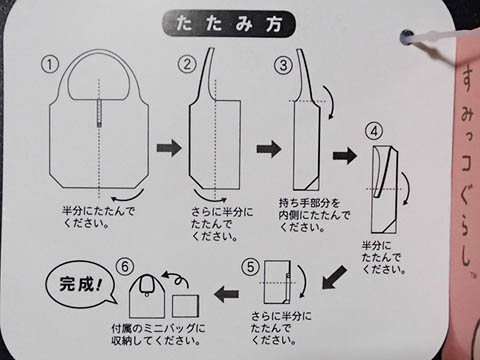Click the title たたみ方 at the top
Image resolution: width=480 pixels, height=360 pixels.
click(x=229, y=24)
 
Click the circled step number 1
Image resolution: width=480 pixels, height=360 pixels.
click(x=50, y=64)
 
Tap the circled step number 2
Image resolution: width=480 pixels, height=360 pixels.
click(x=186, y=64)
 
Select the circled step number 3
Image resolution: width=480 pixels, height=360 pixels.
click(x=283, y=65)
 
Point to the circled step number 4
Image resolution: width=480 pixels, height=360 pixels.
click(x=374, y=132)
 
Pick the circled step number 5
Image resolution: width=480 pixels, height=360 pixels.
click(x=250, y=267)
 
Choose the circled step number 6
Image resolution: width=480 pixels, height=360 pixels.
click(x=125, y=267)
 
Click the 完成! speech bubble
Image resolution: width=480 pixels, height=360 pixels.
click(x=80, y=284)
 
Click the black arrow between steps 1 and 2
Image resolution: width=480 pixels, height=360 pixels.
click(x=169, y=148)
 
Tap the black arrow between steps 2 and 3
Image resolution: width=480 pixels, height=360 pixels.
click(x=269, y=149)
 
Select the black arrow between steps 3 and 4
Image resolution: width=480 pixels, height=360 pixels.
click(x=345, y=155)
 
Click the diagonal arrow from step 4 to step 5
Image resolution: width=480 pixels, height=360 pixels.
click(x=334, y=277)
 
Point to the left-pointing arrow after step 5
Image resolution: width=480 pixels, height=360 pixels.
click(x=227, y=294)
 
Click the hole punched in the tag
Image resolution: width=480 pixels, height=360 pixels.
click(x=407, y=37)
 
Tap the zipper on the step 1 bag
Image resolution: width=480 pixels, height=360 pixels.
click(x=99, y=113)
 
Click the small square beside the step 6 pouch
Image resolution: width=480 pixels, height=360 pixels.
click(x=185, y=306)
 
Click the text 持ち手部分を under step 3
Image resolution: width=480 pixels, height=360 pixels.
click(x=309, y=203)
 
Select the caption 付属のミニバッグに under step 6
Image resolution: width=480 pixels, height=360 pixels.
click(x=158, y=329)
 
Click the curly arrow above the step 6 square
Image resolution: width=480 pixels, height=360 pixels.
click(x=176, y=280)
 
